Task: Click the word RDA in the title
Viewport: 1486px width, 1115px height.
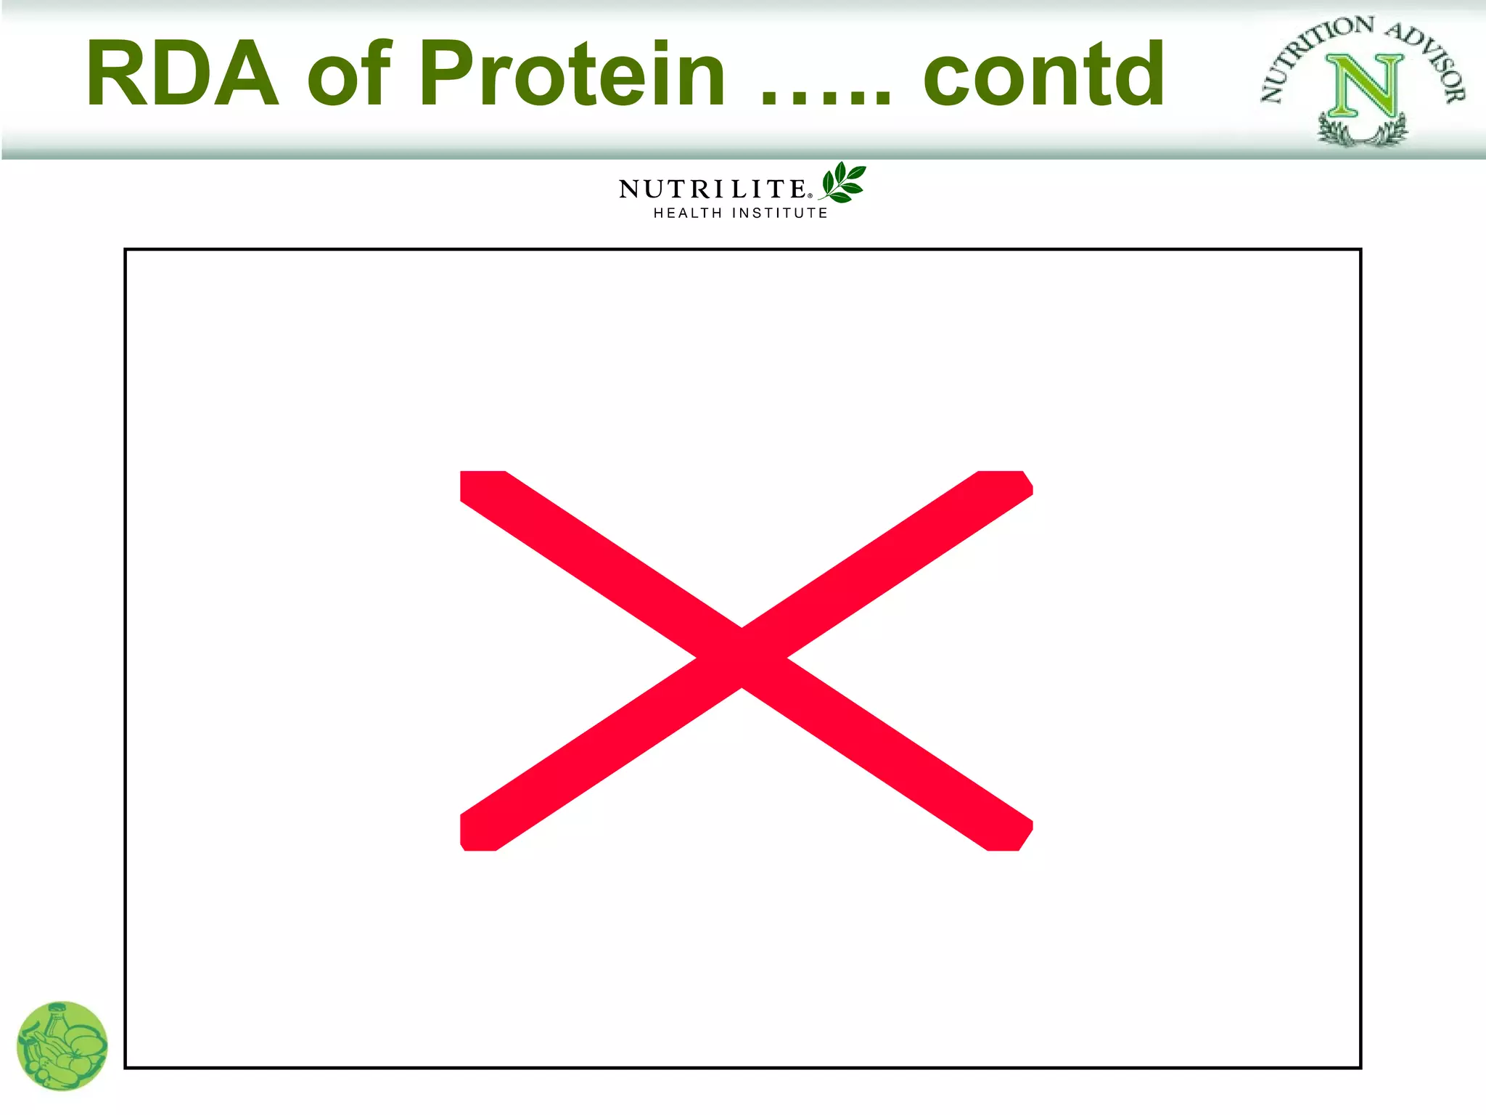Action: point(181,74)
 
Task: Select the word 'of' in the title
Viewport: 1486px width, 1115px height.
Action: point(349,74)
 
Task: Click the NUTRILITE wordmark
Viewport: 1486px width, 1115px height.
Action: point(711,189)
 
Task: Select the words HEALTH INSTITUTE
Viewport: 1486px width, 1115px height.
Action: point(740,213)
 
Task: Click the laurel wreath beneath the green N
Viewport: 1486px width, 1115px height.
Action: point(1362,133)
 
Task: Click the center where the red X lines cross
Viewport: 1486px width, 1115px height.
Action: point(742,658)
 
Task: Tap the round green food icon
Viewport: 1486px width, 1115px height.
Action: point(62,1046)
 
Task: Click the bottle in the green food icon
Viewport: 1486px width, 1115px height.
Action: point(57,1021)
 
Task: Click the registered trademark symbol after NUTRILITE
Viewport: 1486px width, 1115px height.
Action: point(810,195)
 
